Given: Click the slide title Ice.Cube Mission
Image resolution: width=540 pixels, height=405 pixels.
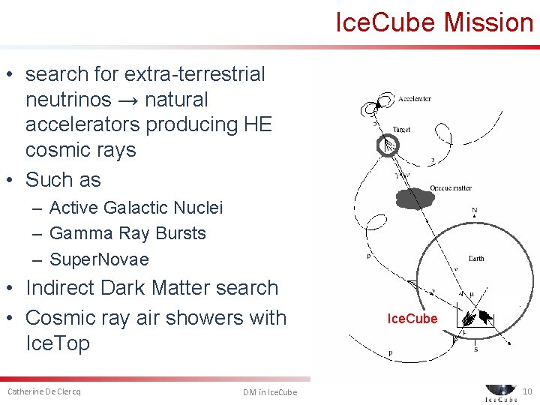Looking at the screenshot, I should click(434, 22).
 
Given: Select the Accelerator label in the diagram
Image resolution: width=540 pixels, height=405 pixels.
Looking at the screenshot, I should click(414, 99).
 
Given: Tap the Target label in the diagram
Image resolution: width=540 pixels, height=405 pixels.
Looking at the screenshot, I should click(401, 130).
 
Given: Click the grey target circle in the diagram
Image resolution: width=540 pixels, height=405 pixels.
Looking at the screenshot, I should click(388, 145).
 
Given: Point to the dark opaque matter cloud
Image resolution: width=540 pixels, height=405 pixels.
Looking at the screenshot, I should click(414, 199).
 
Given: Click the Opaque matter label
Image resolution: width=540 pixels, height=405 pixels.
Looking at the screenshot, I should click(450, 187).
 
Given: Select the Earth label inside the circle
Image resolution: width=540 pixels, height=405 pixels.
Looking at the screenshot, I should click(476, 258).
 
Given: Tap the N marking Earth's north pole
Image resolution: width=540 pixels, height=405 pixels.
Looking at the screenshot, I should click(474, 211).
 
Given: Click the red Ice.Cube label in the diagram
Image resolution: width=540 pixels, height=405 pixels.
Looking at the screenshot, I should click(412, 319).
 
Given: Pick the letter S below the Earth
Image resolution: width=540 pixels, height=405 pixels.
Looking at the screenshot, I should click(475, 349).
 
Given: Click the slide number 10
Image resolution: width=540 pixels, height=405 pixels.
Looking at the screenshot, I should click(526, 391).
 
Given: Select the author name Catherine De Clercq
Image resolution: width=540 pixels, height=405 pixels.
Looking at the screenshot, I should click(44, 391).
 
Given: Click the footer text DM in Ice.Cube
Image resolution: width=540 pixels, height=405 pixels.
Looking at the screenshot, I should click(270, 392).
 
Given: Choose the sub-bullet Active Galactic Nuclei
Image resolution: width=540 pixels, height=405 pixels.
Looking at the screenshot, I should click(136, 208).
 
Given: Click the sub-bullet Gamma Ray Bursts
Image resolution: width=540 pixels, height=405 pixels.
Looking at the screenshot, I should click(127, 233).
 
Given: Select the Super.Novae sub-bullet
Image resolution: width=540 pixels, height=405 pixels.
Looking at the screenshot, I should click(99, 259).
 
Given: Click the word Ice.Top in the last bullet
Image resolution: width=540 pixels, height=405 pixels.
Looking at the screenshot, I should click(58, 343).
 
